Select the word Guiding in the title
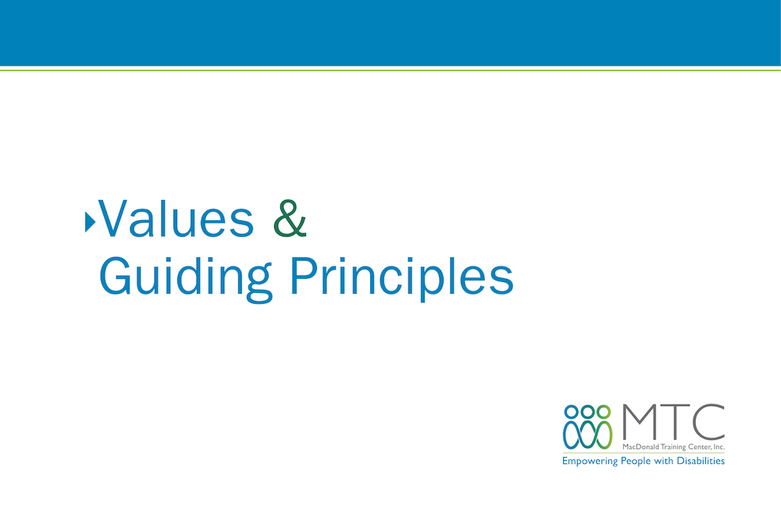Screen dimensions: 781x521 tap(186, 278)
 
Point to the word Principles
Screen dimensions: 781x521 tap(401, 278)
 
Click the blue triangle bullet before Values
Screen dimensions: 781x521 tap(90, 222)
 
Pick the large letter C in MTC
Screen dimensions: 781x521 tap(708, 423)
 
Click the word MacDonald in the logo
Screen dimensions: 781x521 tap(640, 447)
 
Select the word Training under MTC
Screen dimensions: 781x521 tap(673, 448)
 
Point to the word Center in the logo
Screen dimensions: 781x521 tap(699, 447)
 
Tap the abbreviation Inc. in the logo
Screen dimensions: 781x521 tap(719, 447)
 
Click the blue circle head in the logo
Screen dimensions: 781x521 tap(572, 412)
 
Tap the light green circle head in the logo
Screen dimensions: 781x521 tap(604, 412)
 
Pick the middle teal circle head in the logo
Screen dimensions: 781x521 tap(588, 412)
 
